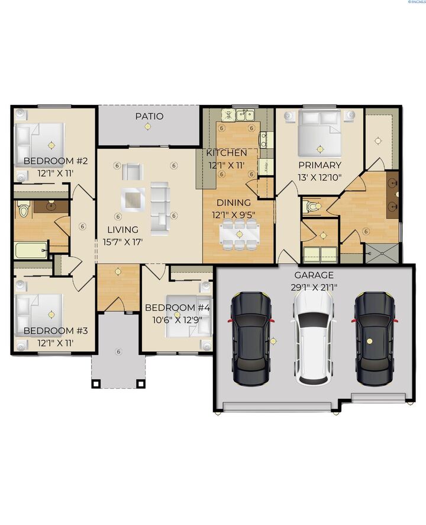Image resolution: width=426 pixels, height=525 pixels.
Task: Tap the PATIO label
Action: (x=149, y=117)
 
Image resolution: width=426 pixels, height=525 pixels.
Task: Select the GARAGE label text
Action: (x=314, y=275)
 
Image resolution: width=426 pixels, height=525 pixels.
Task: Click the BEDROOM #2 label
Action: (x=56, y=161)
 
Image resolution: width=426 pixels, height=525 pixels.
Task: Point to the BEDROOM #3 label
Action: (x=56, y=331)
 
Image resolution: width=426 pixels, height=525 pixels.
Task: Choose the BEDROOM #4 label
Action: (x=177, y=308)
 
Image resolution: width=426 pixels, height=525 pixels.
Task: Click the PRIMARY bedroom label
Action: (x=319, y=165)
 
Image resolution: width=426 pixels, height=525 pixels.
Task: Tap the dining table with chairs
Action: (x=239, y=233)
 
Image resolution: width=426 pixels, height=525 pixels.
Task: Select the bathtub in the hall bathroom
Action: (x=31, y=249)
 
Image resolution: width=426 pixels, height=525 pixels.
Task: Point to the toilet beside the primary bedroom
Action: (x=311, y=206)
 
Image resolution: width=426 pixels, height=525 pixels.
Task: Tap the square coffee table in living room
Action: (x=133, y=199)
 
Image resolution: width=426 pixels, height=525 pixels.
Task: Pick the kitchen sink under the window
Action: (x=244, y=114)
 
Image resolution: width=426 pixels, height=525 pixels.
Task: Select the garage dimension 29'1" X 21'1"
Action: (x=314, y=287)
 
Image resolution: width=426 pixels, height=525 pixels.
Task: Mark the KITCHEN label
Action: (x=226, y=153)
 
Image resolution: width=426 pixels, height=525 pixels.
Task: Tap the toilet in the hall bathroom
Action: (x=24, y=209)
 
